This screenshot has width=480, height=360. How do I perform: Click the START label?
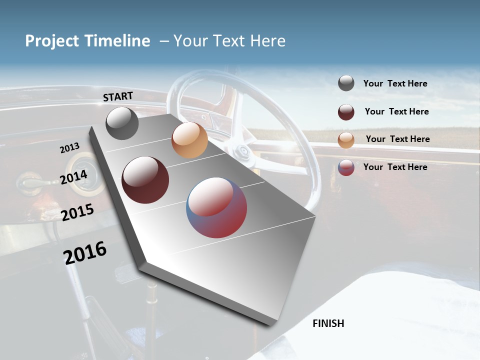click(118, 96)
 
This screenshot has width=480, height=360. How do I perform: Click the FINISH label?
click(328, 323)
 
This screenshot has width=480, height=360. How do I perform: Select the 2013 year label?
click(69, 148)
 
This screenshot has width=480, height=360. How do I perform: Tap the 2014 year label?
click(74, 177)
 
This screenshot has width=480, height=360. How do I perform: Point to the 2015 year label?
click(77, 212)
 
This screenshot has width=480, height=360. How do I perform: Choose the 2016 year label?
click(85, 252)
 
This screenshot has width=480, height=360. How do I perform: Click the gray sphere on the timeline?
click(122, 123)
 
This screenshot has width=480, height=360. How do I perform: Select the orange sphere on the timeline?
click(189, 140)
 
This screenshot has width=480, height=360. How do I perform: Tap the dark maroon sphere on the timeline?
click(145, 180)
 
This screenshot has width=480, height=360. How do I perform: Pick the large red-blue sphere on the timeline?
click(216, 207)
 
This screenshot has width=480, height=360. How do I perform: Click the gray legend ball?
click(346, 83)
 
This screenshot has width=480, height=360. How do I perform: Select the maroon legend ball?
click(346, 112)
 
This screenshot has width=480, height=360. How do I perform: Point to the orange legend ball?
click(346, 139)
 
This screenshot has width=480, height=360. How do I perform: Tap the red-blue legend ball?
click(346, 167)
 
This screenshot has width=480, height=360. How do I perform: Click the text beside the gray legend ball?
click(395, 84)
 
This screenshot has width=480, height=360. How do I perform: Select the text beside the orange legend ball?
click(397, 139)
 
